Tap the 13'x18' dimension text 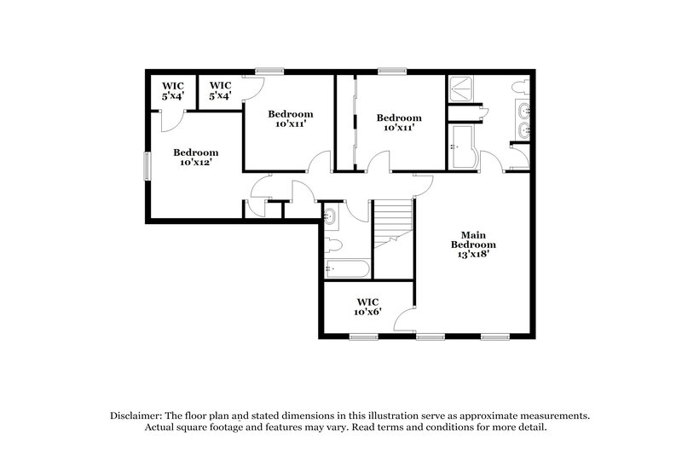[x=473, y=253]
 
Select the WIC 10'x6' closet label [x=368, y=307]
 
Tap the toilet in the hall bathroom [x=332, y=245]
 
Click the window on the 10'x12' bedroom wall [x=146, y=165]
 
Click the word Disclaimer [x=136, y=415]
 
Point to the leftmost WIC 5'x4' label [x=173, y=90]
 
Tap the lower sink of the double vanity [x=523, y=130]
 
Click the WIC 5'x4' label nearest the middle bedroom [x=220, y=90]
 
